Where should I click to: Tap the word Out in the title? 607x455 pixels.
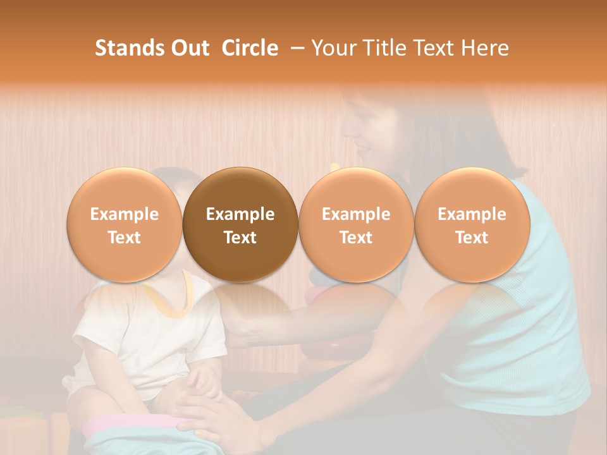coord(188,48)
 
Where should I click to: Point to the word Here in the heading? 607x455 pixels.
coord(486,48)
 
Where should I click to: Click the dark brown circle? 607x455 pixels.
coord(240,225)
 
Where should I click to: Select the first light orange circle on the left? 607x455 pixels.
coord(124,225)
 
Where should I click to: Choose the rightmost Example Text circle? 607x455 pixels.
coord(472,225)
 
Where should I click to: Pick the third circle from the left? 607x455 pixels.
coord(356,225)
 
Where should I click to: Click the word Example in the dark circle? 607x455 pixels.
coord(240,214)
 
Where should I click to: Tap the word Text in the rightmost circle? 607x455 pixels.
coord(472,238)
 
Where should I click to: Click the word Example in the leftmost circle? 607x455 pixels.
coord(124,214)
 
